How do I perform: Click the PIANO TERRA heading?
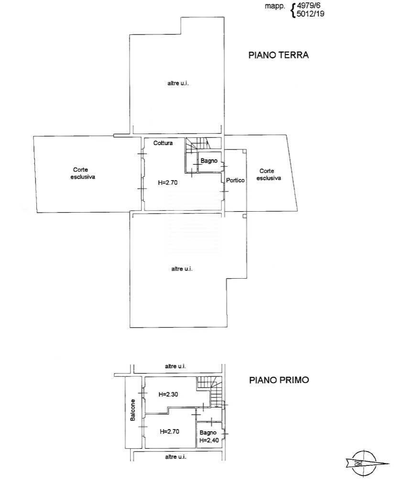pos(278,55)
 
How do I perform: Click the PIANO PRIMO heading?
pos(279,380)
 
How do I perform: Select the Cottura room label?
pos(163,143)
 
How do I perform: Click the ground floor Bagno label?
pos(209,161)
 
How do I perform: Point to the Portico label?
pos(235,181)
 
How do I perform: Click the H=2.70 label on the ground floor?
pos(168,182)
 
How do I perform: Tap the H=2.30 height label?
pos(168,395)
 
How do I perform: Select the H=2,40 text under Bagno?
pos(209,441)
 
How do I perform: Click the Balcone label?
pos(132,410)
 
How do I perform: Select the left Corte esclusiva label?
pos(84,173)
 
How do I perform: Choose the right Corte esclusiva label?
pos(268,174)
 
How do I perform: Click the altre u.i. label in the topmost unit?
pos(176,83)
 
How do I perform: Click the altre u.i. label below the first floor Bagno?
pos(175,457)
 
